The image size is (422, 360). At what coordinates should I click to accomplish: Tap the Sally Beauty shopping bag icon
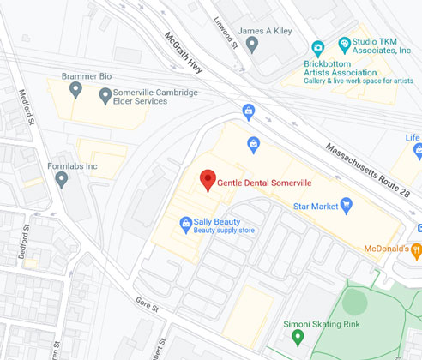click(185, 225)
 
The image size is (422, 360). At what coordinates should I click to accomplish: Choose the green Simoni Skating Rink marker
click(297, 337)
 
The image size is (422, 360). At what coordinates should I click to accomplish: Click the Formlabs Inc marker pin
click(61, 179)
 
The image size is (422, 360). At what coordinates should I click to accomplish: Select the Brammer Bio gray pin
click(75, 88)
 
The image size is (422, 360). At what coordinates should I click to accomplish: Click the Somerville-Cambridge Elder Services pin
click(105, 96)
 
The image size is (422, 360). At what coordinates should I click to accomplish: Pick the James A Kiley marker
click(251, 45)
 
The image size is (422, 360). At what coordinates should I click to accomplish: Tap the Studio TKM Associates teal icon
click(345, 42)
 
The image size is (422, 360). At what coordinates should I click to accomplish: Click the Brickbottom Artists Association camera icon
click(318, 48)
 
